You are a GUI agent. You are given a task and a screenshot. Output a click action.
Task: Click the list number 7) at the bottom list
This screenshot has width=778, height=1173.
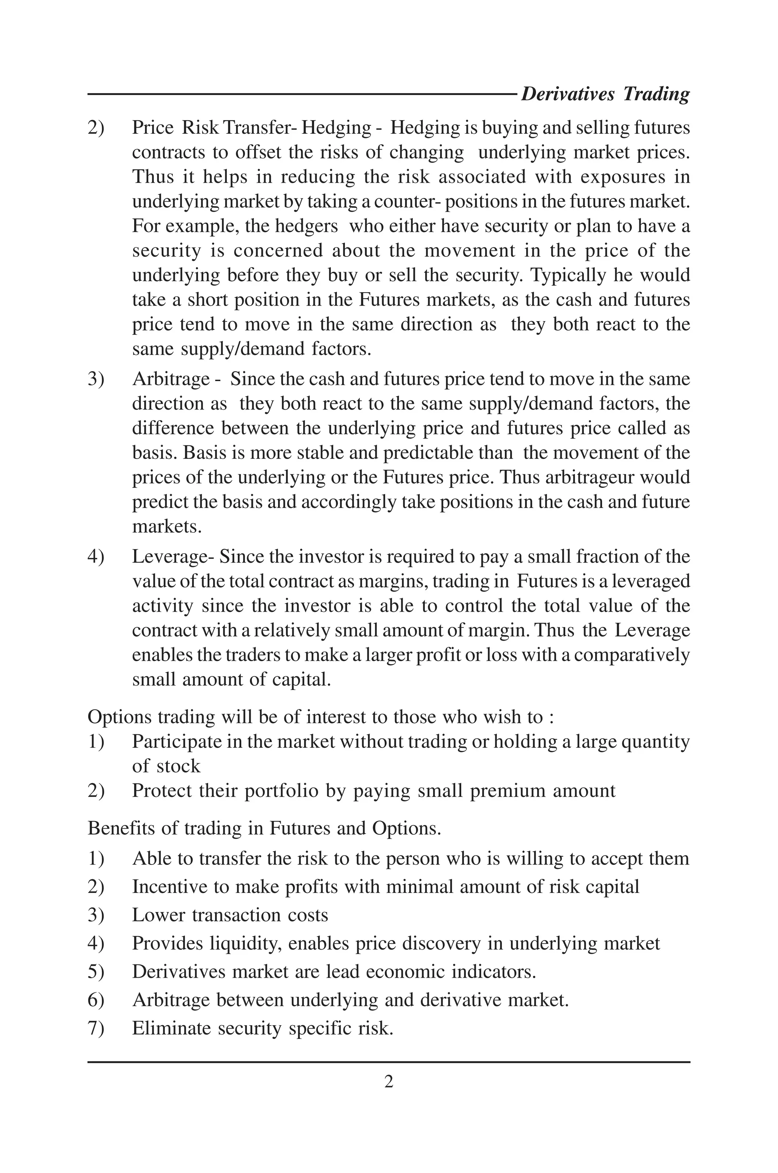coord(96,1027)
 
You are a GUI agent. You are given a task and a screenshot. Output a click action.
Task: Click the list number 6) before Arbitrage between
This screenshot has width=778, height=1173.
coord(96,999)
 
